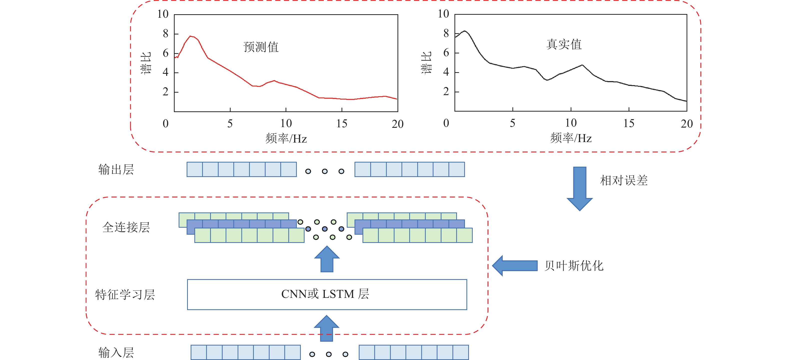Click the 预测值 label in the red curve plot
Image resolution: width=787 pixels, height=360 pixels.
[x=261, y=47]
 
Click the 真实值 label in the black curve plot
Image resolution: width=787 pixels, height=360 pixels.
[x=564, y=44]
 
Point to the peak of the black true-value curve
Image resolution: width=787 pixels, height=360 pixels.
[x=465, y=31]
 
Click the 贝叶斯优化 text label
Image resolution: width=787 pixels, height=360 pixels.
[x=574, y=266]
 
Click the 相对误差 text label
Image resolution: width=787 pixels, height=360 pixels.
[x=624, y=180]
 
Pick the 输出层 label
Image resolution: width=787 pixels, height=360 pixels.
[x=116, y=170]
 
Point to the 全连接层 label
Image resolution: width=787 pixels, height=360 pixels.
[x=126, y=227]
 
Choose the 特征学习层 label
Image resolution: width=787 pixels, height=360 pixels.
[x=125, y=295]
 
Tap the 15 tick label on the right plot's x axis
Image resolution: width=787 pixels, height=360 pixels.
[x=629, y=123]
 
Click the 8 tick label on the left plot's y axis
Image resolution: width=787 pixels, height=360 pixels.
[x=166, y=34]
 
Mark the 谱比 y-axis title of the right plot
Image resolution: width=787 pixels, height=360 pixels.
[x=426, y=63]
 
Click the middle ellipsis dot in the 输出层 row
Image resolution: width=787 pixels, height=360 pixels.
[x=325, y=171]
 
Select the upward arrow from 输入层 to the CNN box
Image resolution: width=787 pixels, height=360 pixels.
[x=327, y=328]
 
